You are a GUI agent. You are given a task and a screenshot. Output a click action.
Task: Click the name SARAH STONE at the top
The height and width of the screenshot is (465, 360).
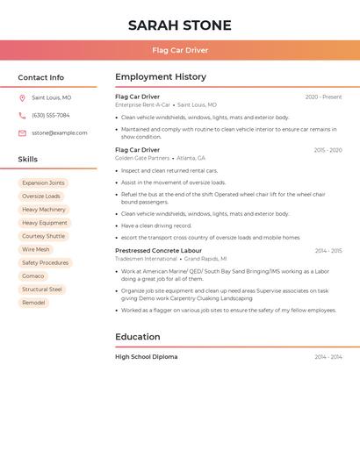click(180, 25)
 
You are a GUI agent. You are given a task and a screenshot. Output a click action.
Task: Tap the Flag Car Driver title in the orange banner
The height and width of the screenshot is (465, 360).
click(180, 51)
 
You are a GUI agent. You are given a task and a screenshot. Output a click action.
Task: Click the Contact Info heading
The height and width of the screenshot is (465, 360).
click(41, 77)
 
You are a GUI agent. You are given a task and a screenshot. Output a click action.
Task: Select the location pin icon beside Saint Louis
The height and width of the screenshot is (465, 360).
click(22, 98)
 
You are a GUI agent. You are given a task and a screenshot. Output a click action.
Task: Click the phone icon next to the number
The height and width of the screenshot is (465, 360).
click(22, 116)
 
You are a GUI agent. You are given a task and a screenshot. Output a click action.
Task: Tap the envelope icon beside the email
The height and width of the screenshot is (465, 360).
click(22, 133)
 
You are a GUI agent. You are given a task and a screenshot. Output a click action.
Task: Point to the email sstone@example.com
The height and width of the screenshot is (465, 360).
click(60, 133)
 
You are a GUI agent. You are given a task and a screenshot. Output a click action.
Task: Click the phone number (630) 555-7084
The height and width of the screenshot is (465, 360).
click(50, 116)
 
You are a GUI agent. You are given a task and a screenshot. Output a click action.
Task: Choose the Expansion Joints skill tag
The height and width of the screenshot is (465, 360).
click(43, 183)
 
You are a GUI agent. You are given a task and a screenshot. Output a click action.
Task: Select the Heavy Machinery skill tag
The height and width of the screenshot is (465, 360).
click(44, 210)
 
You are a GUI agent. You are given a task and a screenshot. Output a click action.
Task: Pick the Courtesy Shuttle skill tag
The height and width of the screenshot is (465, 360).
click(43, 236)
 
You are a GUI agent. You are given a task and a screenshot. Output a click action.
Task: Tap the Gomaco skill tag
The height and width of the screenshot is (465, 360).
click(33, 276)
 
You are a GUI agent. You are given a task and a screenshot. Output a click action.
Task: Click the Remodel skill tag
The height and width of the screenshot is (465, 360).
click(33, 303)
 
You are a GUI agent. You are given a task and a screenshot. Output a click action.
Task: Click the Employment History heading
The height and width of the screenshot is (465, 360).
click(161, 77)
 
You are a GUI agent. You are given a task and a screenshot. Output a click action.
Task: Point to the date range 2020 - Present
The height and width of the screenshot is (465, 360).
click(323, 97)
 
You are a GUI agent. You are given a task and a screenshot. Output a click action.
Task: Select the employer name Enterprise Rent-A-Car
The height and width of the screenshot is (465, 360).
click(143, 105)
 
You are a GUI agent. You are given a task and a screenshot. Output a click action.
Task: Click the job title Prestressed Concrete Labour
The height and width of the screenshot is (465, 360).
click(158, 251)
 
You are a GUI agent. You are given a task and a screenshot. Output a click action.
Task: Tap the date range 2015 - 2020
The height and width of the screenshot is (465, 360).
click(328, 150)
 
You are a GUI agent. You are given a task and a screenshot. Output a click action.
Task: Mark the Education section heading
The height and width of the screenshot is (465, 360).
click(138, 337)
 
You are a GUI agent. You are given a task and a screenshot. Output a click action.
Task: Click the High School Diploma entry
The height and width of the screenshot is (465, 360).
click(146, 357)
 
